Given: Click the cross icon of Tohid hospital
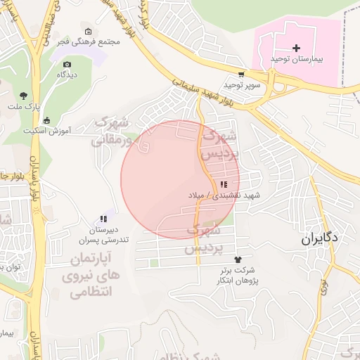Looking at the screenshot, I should (296, 48).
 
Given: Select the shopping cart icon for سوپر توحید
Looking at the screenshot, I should (242, 73).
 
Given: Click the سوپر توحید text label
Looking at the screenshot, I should (242, 84).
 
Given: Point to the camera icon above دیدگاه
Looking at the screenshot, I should (67, 63).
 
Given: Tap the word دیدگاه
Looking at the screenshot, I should (67, 74).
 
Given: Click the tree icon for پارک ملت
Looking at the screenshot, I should (24, 95).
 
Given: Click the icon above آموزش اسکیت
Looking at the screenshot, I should (46, 120).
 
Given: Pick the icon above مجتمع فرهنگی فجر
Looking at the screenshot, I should (87, 32).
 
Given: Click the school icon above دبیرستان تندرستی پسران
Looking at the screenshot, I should (103, 219).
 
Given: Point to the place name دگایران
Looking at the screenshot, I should (320, 238).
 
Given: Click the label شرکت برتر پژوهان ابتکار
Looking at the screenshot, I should (236, 274).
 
